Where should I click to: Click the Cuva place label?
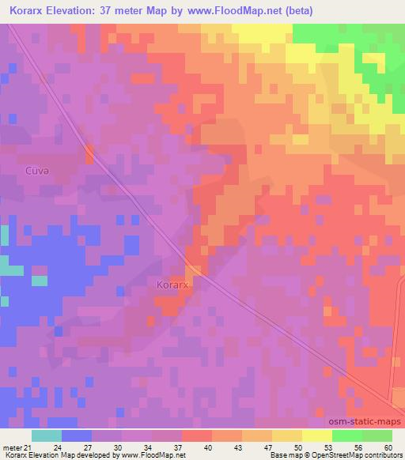pos(37,170)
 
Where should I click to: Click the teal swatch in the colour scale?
pos(47,435)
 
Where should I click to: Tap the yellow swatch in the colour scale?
pos(316,435)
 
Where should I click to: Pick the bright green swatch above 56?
pos(346,435)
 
